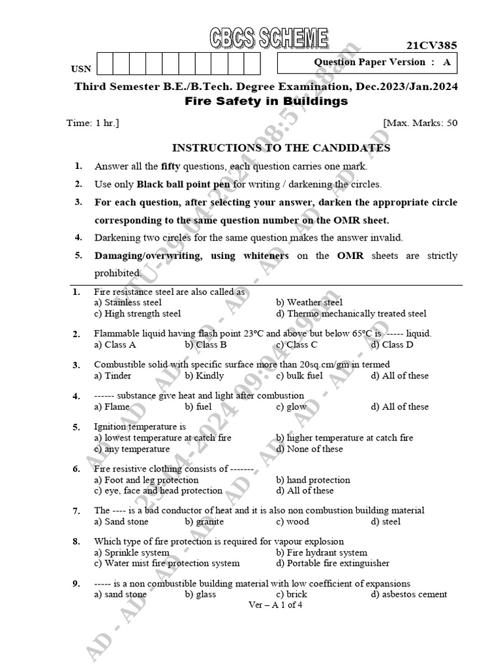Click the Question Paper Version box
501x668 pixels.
click(367, 63)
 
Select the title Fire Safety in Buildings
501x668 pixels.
click(266, 102)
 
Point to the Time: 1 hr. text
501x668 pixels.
click(93, 123)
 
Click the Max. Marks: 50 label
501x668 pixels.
click(420, 123)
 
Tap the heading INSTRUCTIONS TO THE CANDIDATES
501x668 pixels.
click(281, 148)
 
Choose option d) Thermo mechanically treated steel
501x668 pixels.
click(351, 314)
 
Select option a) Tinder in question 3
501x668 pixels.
click(113, 375)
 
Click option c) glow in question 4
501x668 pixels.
click(291, 406)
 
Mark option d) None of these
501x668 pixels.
click(309, 449)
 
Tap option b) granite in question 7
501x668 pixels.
click(204, 521)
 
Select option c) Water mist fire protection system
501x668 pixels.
click(167, 563)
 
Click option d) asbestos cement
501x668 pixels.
click(409, 594)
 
